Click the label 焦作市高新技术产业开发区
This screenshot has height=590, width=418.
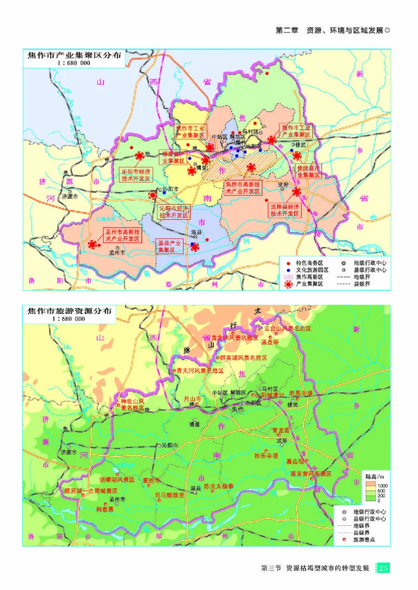(x=243, y=188)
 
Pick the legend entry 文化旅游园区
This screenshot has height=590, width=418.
(x=312, y=270)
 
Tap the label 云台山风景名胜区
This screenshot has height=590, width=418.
(x=288, y=329)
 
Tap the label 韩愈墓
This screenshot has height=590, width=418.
(x=104, y=509)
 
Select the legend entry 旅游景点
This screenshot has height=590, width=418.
(x=364, y=540)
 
